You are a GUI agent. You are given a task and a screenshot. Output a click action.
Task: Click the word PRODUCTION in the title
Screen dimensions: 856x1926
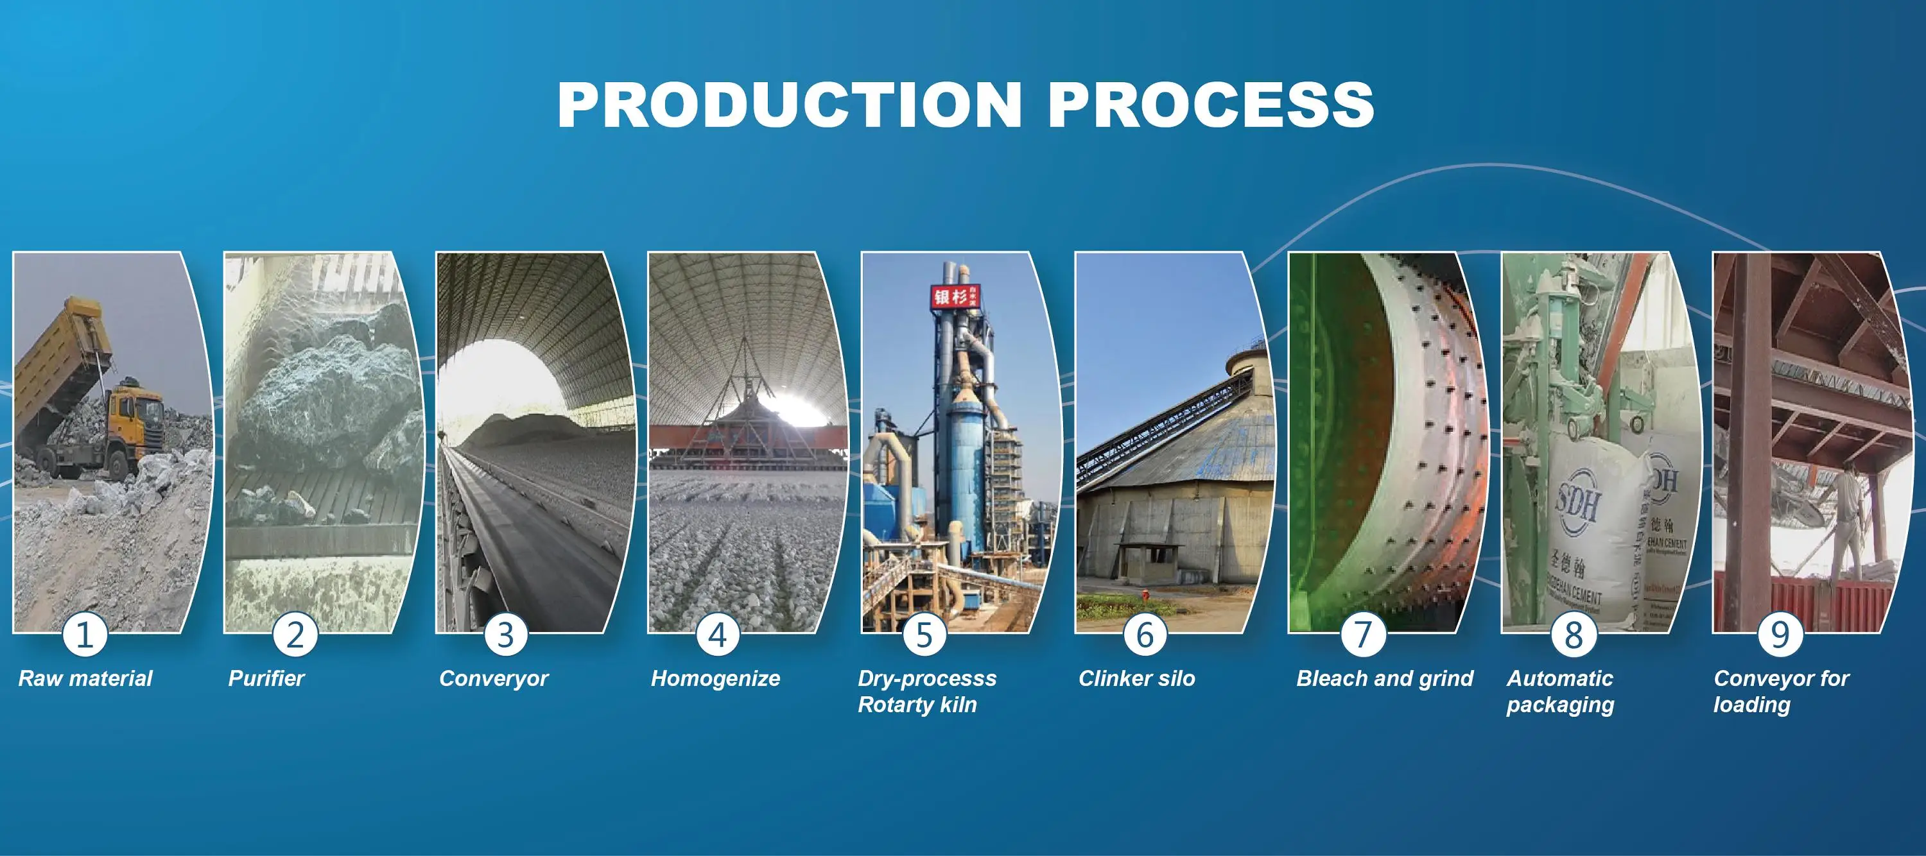tap(790, 105)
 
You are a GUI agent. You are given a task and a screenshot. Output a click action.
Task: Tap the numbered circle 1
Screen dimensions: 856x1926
tap(85, 635)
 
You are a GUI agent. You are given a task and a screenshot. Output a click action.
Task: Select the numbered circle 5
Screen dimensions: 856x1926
tap(924, 635)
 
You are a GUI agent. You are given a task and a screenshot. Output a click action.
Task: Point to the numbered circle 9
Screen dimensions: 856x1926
tap(1780, 635)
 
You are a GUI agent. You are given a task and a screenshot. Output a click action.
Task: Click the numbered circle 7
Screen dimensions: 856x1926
tap(1362, 635)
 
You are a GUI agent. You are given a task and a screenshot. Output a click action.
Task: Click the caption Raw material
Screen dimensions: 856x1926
tap(85, 678)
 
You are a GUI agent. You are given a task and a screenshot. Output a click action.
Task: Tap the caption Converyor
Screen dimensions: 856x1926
tap(494, 678)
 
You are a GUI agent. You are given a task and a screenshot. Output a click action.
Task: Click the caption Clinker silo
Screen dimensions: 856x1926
tap(1136, 678)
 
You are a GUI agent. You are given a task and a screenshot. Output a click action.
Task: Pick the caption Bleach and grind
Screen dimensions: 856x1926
tap(1384, 678)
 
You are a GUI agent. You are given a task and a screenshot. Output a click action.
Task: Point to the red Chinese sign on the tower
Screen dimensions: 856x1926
tap(953, 298)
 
